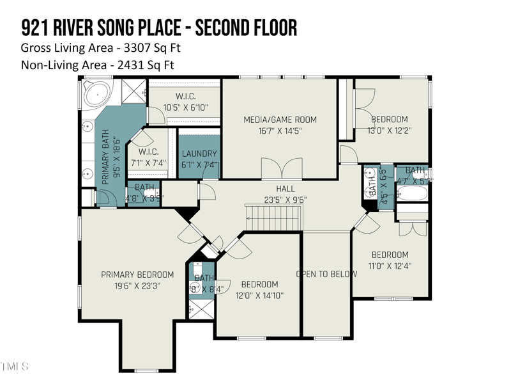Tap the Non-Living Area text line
point(97,65)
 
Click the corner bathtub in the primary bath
point(96,95)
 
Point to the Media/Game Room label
point(280,120)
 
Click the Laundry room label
point(199,154)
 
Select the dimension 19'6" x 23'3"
point(137,286)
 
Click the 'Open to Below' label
point(326,274)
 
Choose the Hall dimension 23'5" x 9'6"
point(286,200)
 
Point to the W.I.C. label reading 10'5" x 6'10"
point(185,108)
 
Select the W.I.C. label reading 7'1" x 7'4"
point(148,163)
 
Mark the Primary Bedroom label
point(137,275)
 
